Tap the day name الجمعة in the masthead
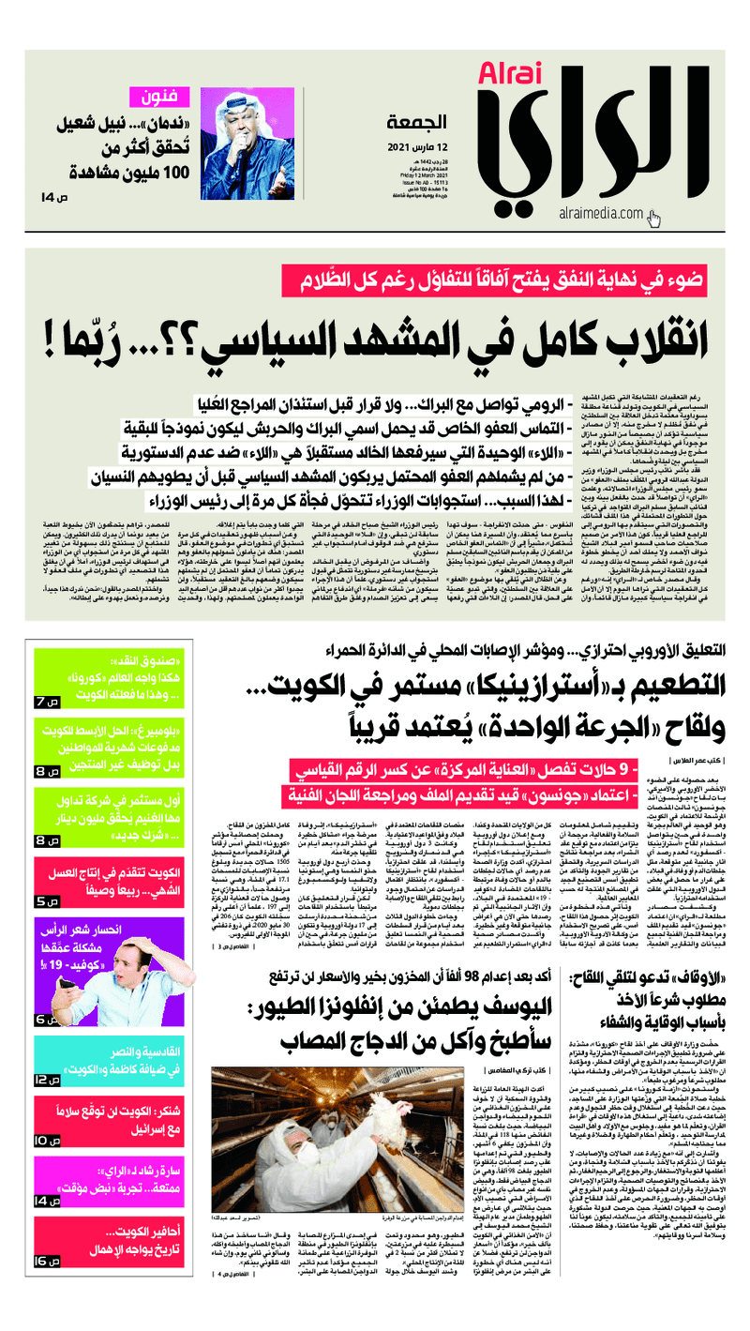(415, 122)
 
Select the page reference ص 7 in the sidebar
(47, 701)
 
